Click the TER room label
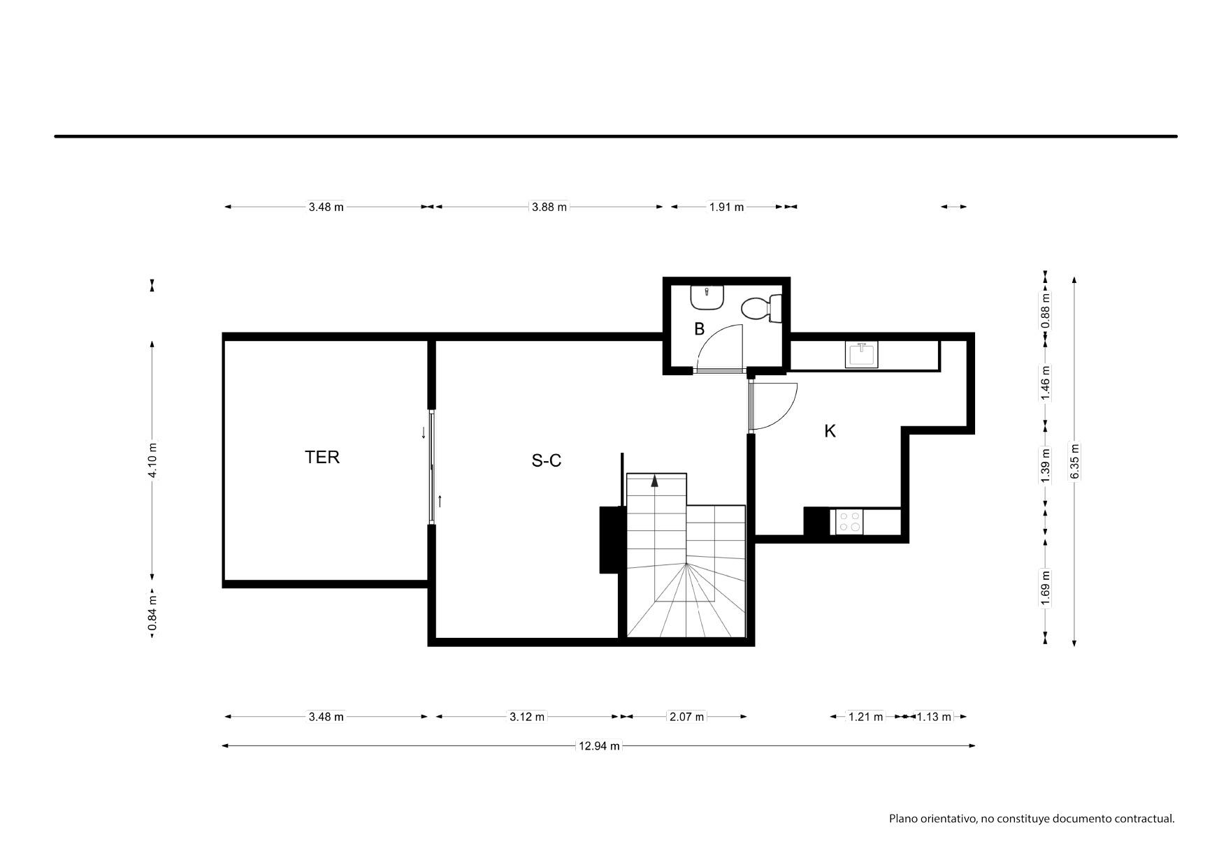coord(322,457)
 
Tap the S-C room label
coord(547,460)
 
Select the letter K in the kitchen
coord(830,431)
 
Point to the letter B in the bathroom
coord(699,329)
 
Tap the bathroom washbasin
coord(707,298)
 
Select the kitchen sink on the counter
coord(863,354)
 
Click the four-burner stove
coord(849,522)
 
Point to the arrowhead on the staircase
coord(654,480)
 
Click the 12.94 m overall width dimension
coord(599,745)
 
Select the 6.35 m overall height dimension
coord(1075,462)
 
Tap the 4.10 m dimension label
coord(153,460)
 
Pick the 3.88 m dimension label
coord(549,207)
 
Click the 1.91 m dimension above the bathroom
coord(727,207)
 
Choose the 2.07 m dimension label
coord(687,716)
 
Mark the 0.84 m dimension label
coord(153,612)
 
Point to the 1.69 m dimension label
coord(1046,588)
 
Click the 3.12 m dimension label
coord(527,716)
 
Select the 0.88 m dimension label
coord(1046,309)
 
